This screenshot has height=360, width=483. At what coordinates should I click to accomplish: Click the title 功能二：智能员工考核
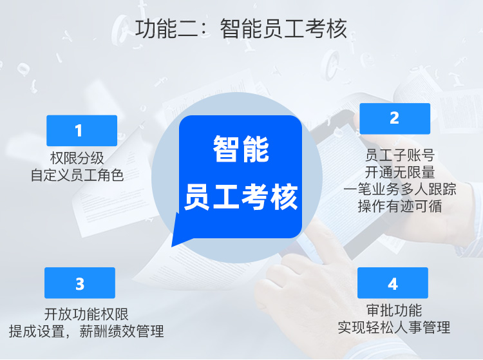(x=241, y=28)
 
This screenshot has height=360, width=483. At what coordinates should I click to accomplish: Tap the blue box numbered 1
(x=82, y=131)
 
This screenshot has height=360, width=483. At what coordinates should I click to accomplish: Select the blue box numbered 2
(x=395, y=118)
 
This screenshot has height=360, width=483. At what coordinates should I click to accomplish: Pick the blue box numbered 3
(x=80, y=283)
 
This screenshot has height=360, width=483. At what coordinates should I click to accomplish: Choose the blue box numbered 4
(x=393, y=283)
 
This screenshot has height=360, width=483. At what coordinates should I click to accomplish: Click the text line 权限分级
(x=77, y=158)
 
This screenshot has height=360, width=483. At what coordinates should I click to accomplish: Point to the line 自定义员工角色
(x=77, y=175)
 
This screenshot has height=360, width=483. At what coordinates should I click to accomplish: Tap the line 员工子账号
(x=400, y=155)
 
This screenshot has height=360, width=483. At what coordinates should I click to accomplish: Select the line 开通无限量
(x=400, y=172)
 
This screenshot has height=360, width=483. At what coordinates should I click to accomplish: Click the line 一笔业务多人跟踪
(x=400, y=189)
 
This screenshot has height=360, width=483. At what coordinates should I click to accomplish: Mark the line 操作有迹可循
(x=400, y=206)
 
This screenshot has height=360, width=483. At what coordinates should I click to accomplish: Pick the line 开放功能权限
(x=86, y=314)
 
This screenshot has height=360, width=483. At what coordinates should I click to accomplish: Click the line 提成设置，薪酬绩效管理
(x=86, y=332)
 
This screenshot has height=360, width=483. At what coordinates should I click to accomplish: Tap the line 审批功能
(x=394, y=310)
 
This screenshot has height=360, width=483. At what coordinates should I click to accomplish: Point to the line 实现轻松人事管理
(x=394, y=327)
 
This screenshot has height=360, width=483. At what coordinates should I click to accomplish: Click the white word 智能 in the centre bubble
(x=241, y=149)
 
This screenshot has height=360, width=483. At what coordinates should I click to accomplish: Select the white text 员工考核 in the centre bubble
(x=241, y=196)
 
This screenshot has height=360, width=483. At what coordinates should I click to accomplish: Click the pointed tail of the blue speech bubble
(x=172, y=246)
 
